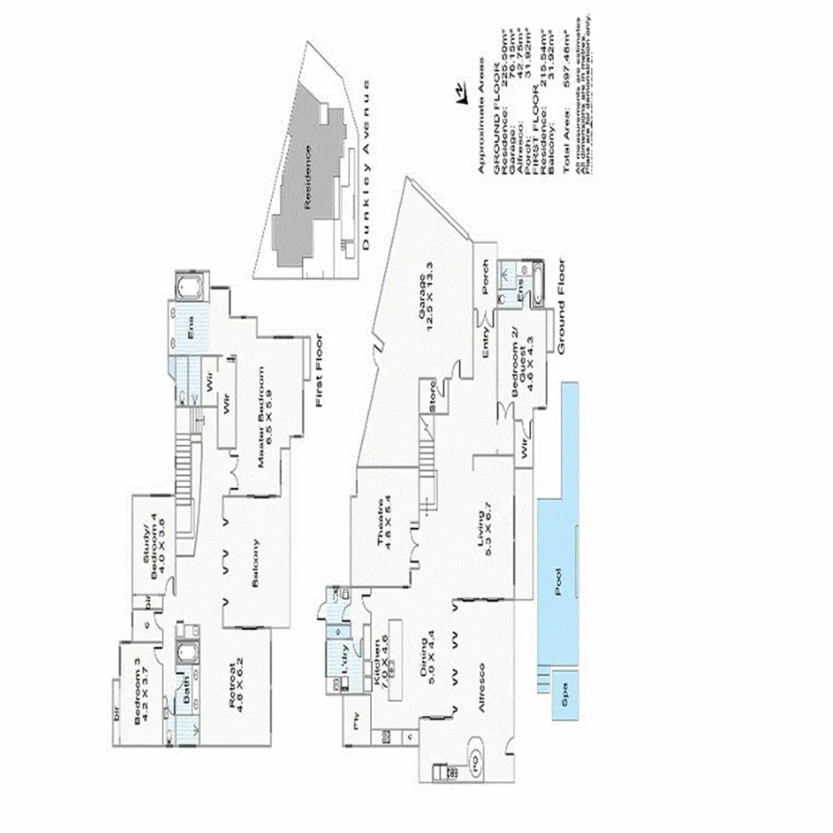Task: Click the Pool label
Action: [559, 578]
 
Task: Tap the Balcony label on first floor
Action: [255, 564]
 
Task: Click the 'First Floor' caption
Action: [320, 371]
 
